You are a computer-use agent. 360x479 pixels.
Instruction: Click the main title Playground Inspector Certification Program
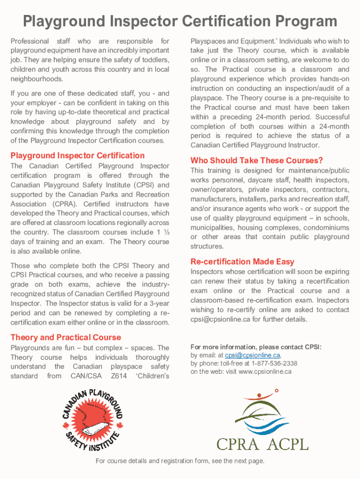(x=180, y=22)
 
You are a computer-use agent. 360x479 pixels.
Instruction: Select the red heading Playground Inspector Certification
(x=78, y=155)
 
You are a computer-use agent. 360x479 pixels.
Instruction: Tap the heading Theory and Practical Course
(x=65, y=337)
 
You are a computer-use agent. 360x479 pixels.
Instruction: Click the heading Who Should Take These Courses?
(x=257, y=160)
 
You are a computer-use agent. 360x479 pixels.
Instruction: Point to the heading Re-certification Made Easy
(x=242, y=261)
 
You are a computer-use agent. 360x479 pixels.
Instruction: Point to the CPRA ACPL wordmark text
(x=262, y=443)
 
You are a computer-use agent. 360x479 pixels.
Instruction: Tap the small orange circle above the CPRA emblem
(x=276, y=390)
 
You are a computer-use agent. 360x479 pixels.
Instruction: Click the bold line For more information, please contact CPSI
(x=256, y=347)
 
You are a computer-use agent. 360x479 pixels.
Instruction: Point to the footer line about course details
(x=180, y=461)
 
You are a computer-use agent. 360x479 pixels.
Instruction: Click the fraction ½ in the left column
(x=166, y=232)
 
